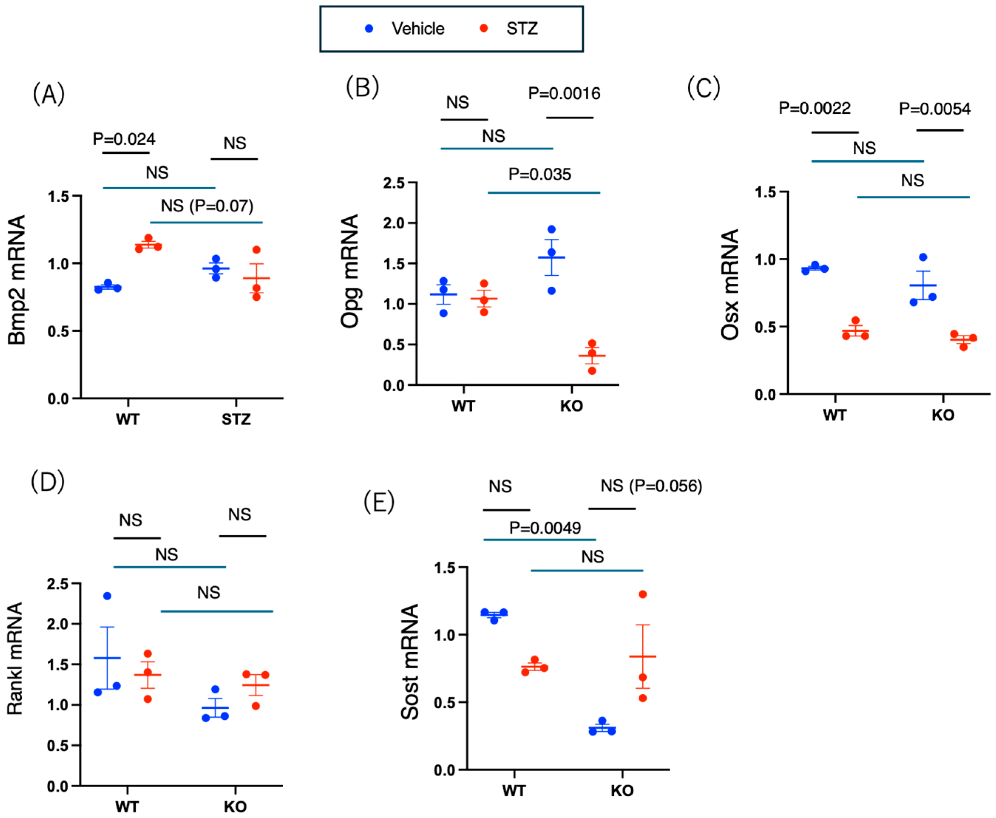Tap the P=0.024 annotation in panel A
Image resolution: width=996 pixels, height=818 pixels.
124,139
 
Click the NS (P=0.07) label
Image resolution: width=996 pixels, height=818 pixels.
207,206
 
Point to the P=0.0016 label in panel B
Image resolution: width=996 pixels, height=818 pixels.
564,93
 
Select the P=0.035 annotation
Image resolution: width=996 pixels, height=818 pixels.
540,175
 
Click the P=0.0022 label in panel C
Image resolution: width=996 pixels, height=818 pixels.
815,108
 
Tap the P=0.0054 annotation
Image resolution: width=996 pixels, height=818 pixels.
935,109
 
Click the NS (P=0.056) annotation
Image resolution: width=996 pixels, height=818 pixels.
651,486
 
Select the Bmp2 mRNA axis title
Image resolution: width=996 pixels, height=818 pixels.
17,280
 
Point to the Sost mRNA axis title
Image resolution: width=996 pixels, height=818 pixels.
409,662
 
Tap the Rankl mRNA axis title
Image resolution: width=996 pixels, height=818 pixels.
15,659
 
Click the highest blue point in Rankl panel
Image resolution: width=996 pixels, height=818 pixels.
107,596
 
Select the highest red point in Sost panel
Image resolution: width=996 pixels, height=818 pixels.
642,594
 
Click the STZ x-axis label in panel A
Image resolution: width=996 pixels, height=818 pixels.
236,419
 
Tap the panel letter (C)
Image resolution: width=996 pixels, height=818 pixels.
703,88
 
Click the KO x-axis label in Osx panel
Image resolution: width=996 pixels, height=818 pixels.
943,415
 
